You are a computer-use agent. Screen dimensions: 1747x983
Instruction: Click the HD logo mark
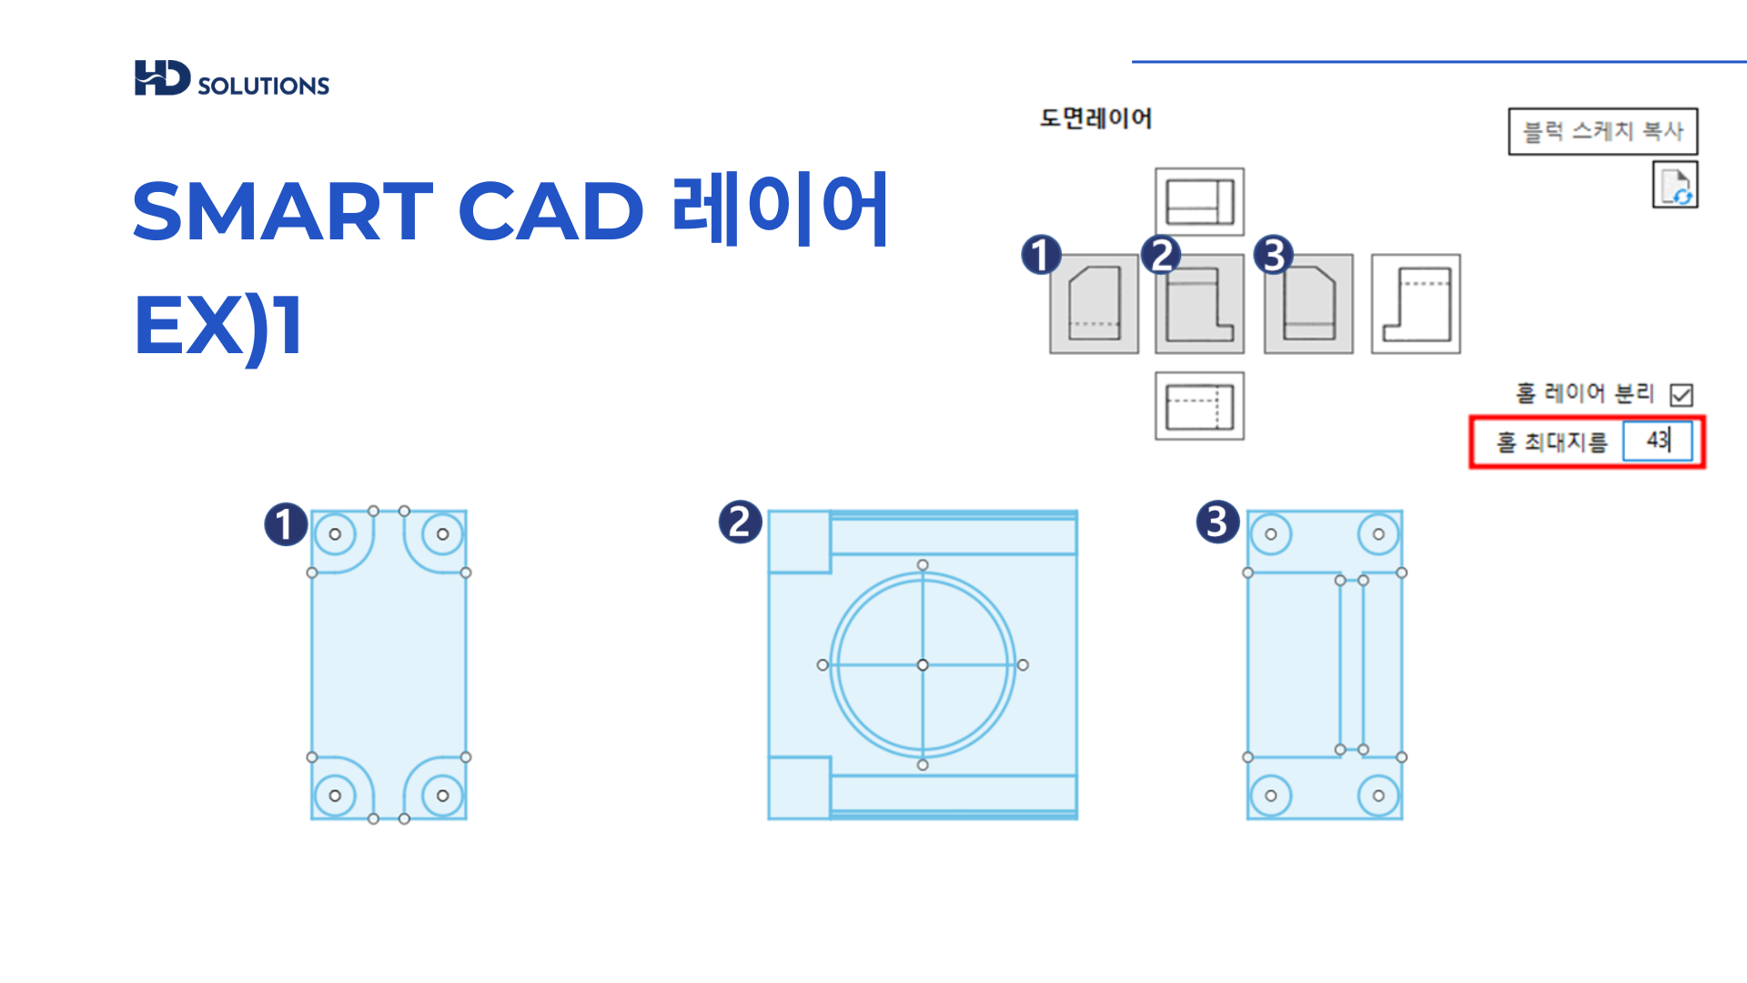click(162, 78)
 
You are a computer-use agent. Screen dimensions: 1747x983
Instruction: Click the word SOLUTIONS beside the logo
click(263, 86)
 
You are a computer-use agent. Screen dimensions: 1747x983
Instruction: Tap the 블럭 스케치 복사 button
click(1602, 131)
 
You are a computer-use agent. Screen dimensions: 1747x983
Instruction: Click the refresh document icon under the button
click(1675, 185)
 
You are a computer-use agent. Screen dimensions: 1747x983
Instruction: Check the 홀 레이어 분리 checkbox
click(1681, 395)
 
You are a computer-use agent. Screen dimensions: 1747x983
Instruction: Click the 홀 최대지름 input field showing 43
click(1658, 441)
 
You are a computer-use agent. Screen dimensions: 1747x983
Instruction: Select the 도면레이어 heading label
click(1096, 118)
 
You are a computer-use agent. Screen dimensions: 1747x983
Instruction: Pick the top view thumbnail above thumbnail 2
click(1199, 201)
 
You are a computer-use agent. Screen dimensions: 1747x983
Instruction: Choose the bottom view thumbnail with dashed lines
click(1199, 406)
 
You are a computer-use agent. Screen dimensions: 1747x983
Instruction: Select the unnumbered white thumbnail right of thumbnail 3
click(1416, 304)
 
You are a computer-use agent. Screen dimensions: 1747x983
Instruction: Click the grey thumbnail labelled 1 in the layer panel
click(1094, 304)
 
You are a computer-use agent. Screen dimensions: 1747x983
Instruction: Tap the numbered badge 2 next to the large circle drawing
click(740, 522)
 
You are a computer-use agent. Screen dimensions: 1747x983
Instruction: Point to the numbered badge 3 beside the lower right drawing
click(1217, 522)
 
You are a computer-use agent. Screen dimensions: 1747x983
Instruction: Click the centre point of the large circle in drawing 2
click(923, 665)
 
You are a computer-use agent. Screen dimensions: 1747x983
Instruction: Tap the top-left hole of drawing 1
click(335, 534)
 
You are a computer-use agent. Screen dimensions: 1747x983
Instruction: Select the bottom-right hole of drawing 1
click(443, 796)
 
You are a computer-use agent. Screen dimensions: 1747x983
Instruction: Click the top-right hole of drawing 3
click(1378, 534)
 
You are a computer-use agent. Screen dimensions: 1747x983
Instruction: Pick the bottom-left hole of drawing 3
click(1271, 796)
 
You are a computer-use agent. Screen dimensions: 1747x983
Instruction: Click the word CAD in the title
click(550, 211)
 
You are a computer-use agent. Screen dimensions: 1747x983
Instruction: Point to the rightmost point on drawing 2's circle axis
click(1023, 665)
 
